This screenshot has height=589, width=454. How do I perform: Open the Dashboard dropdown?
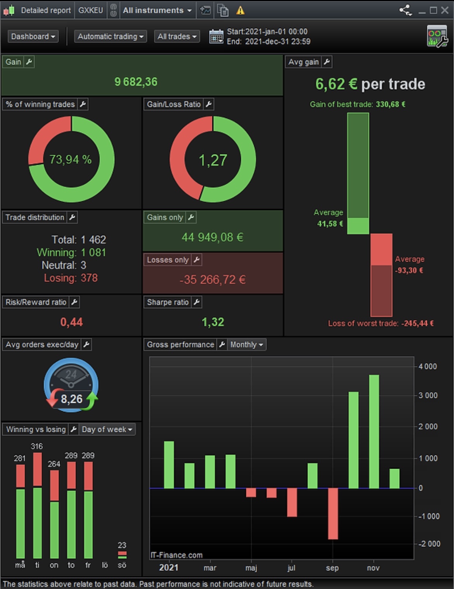(33, 37)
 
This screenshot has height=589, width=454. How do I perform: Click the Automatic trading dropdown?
(110, 37)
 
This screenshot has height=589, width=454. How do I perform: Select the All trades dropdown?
(177, 37)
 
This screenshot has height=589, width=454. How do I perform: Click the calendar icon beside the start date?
(216, 37)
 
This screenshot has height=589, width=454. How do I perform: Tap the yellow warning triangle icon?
(241, 10)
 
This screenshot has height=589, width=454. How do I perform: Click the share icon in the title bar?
(405, 10)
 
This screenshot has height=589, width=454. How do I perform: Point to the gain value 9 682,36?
(136, 82)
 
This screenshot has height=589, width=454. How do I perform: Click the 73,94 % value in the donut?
(71, 159)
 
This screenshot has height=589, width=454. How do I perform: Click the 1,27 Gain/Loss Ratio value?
(213, 160)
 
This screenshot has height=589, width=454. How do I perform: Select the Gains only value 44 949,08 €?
(213, 237)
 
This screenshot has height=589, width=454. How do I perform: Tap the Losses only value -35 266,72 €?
(213, 280)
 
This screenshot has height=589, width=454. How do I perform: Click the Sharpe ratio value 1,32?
(213, 322)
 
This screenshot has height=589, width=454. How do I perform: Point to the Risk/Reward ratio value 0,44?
(71, 322)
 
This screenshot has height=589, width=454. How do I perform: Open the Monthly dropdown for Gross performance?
(246, 345)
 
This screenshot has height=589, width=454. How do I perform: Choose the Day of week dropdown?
(107, 430)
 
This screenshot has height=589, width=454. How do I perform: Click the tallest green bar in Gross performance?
(374, 430)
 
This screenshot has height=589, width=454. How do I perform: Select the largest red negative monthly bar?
(333, 513)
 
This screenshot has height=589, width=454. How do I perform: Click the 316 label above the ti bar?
(37, 446)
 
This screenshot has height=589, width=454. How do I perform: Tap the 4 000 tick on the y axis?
(428, 366)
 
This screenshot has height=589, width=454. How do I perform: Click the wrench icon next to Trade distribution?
(72, 218)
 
